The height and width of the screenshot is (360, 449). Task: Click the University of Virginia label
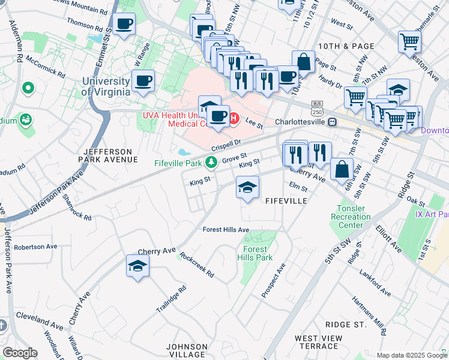[x=106, y=86]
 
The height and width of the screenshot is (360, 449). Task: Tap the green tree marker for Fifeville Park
[x=211, y=162]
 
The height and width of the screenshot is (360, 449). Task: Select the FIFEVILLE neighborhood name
[x=286, y=201]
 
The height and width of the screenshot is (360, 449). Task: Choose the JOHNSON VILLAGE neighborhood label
[x=187, y=350]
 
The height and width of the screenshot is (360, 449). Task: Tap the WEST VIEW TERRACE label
[x=319, y=342]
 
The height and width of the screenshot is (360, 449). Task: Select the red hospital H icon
[x=234, y=119]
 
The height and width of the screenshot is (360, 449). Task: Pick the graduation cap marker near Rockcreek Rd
[x=137, y=266]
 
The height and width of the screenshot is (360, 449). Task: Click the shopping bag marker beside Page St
[x=304, y=62]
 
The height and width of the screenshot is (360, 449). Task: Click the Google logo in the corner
[x=20, y=353]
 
